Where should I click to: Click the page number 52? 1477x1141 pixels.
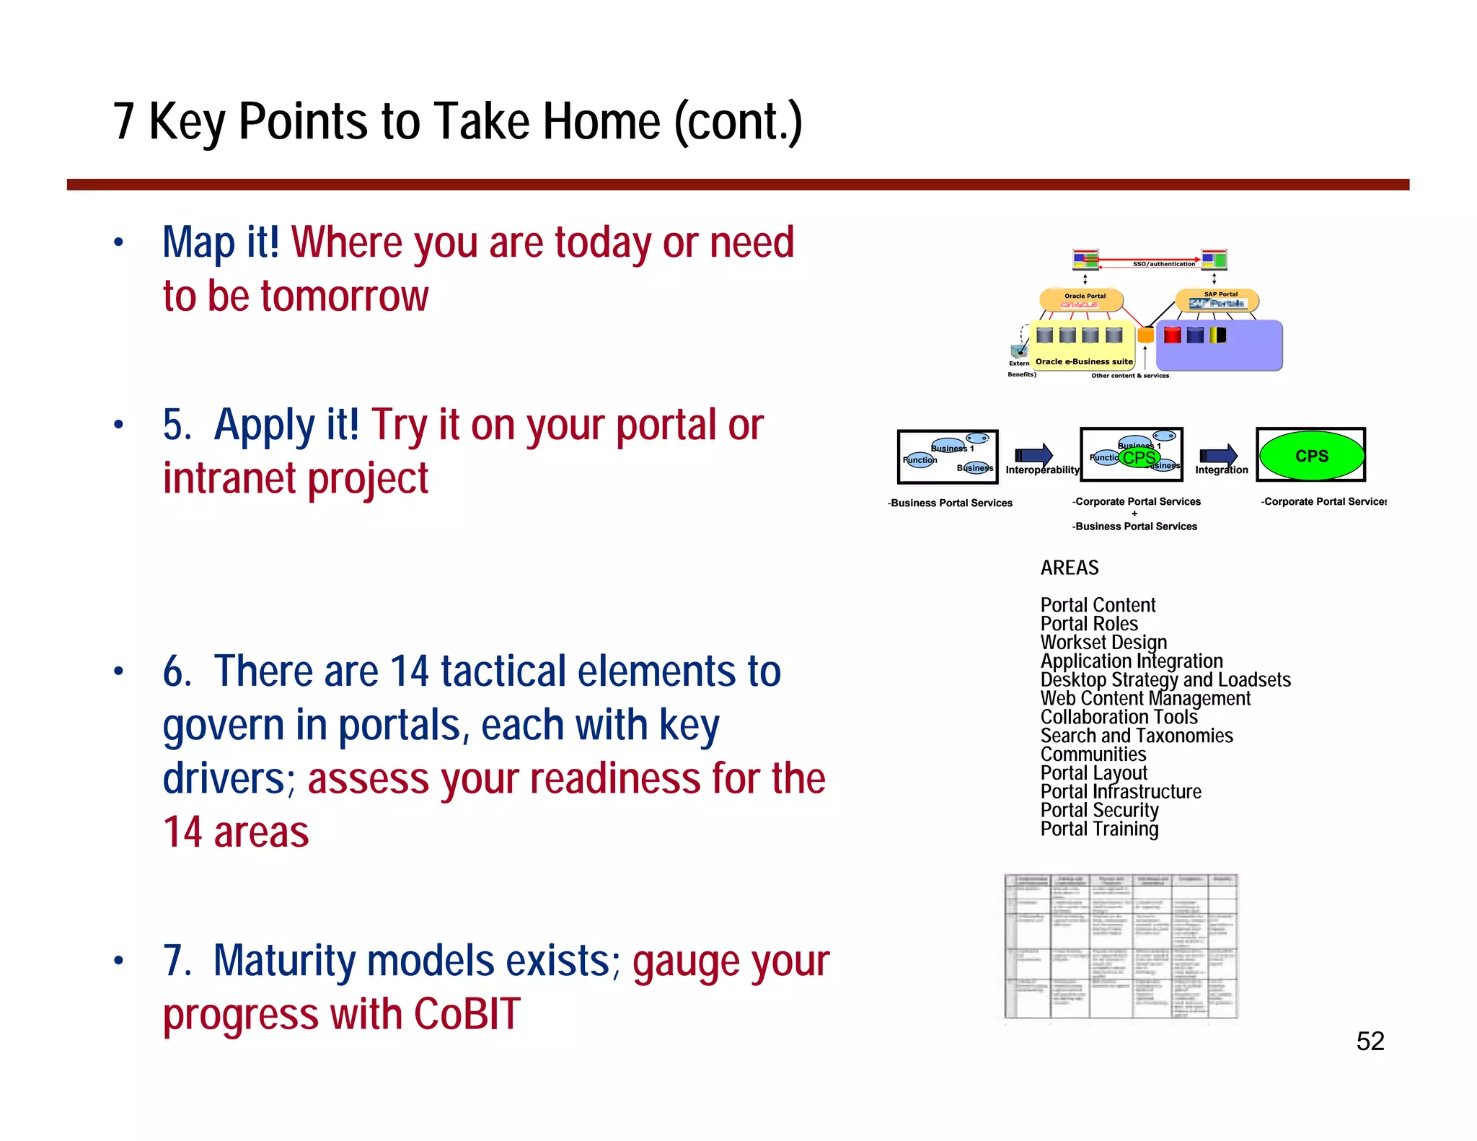coord(1370,1041)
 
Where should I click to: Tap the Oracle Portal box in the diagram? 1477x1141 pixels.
coord(1081,299)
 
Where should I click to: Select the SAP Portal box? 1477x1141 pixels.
coord(1217,299)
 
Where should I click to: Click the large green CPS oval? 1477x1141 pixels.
coord(1311,456)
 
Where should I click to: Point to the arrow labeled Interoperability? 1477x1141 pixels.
coord(1034,455)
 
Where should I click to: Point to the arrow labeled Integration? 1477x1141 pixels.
coord(1219,455)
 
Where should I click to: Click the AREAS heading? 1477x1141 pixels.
coord(1069,568)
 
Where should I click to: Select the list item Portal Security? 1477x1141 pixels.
coord(1099,811)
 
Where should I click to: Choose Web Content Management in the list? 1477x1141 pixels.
coord(1145,699)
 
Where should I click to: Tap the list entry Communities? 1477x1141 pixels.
coord(1093,754)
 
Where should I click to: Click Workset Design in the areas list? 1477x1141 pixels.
coord(1103,643)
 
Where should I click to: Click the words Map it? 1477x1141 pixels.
coord(221,242)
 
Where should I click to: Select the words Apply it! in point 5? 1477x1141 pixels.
coord(286,425)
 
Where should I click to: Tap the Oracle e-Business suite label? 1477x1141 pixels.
coord(1083,361)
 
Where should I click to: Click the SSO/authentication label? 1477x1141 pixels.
coord(1163,264)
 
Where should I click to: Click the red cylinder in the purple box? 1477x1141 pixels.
coord(1172,335)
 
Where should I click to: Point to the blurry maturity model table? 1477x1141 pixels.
coord(1120,946)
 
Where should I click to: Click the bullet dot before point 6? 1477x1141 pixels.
coord(119,672)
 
